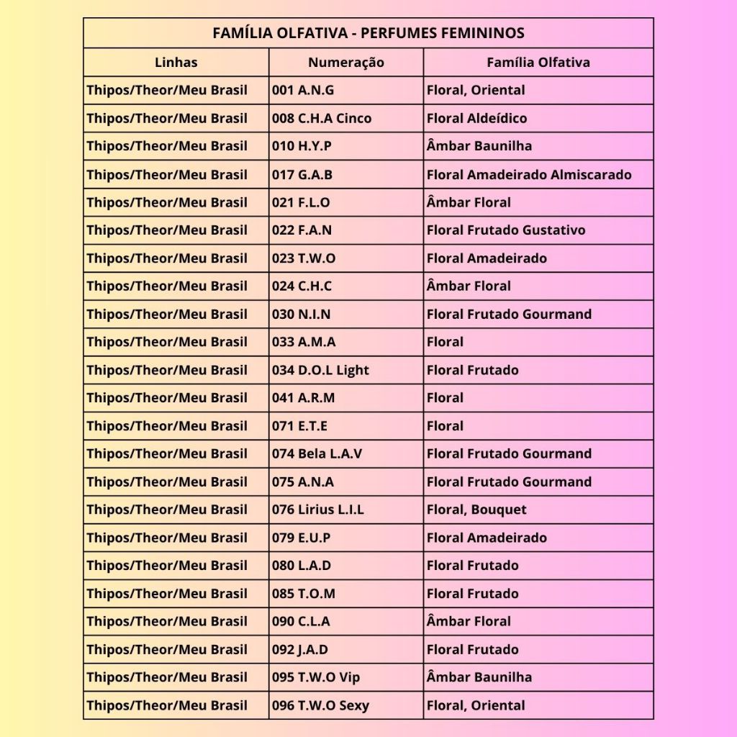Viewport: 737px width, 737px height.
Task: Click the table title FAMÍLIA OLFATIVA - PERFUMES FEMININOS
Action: coord(368,33)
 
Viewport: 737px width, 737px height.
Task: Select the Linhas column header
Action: coord(176,63)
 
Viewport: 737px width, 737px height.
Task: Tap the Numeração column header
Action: coord(345,63)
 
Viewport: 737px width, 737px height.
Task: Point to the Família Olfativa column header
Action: coord(538,63)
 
